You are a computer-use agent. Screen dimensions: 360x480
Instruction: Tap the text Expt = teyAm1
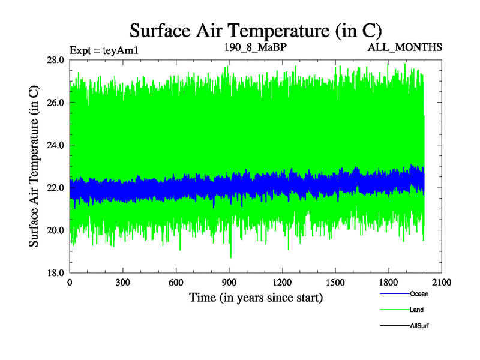104,49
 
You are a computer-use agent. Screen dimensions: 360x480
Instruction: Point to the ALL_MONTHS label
405,47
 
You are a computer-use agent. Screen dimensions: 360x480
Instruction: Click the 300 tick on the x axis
123,283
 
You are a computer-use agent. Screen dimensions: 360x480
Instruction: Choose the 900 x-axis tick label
229,283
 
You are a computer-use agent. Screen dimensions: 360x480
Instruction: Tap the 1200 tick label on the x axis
282,283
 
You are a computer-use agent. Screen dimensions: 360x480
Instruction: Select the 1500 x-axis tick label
335,283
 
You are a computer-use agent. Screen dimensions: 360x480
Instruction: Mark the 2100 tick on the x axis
442,283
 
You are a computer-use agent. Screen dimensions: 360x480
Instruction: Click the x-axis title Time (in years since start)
256,297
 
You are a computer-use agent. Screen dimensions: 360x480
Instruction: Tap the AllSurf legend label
419,326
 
